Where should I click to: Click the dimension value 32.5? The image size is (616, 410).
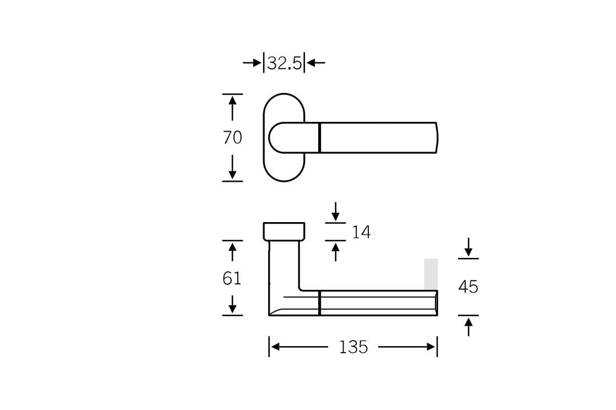pos(284,63)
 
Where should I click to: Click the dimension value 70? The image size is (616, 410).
pos(232,137)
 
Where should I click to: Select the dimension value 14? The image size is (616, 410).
pos(361,233)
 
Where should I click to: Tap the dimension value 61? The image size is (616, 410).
pos(232,279)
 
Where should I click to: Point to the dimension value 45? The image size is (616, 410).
pos(468,287)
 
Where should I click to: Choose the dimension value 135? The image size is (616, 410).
pos(353,347)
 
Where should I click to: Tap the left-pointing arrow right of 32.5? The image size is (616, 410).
pos(315,63)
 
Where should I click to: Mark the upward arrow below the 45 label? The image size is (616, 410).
pos(468,326)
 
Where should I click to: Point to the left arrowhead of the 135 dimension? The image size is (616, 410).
pos(276,347)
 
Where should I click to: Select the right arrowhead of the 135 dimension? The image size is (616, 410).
pos(430,347)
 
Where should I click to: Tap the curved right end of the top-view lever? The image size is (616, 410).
pos(437,138)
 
